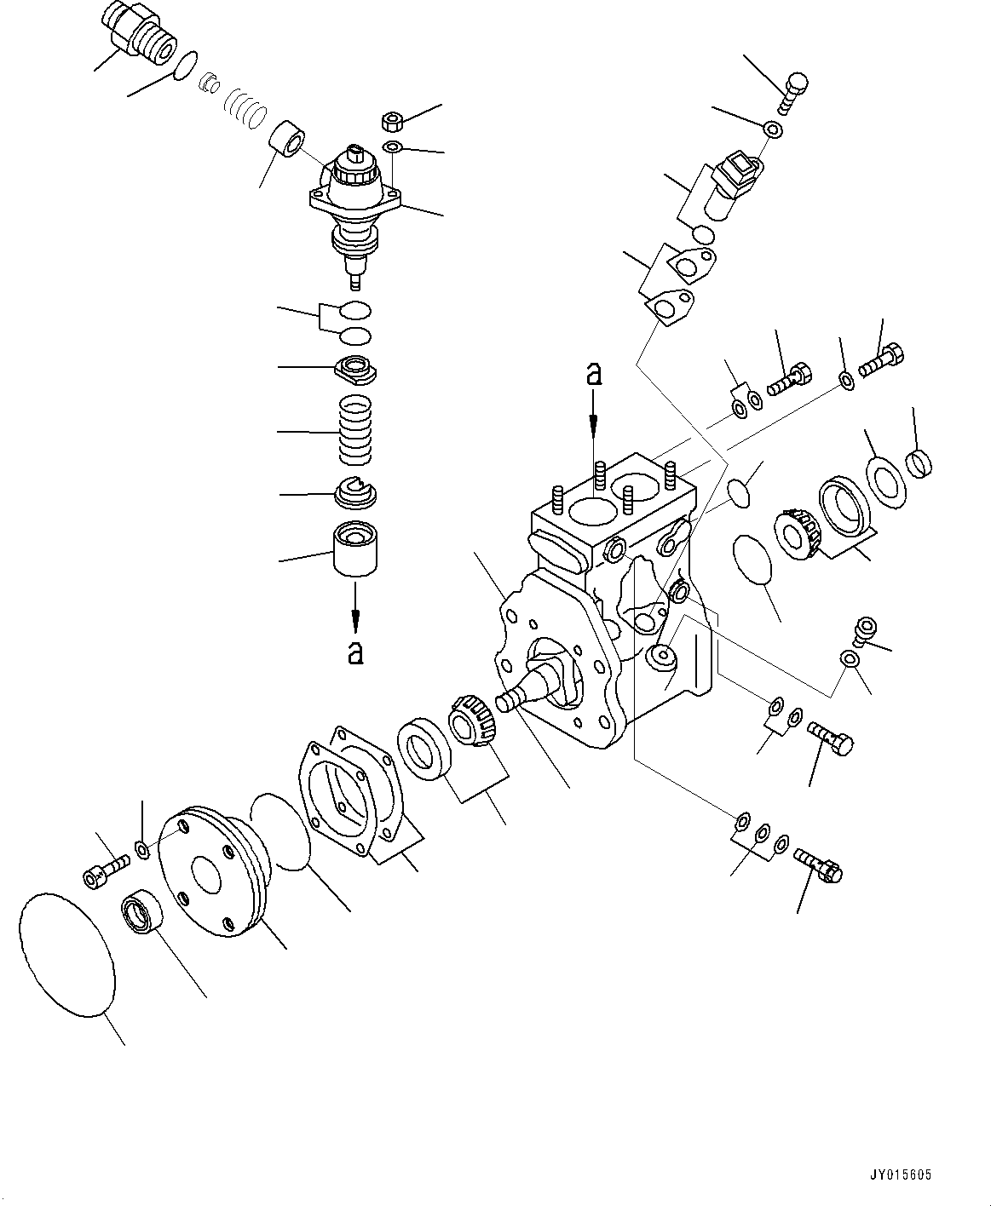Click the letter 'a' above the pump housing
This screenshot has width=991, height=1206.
pyautogui.click(x=594, y=375)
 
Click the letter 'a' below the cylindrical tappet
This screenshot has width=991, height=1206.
pyautogui.click(x=355, y=652)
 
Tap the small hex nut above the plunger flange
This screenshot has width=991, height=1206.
pyautogui.click(x=394, y=120)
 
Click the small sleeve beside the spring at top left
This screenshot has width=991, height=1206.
pyautogui.click(x=285, y=140)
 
